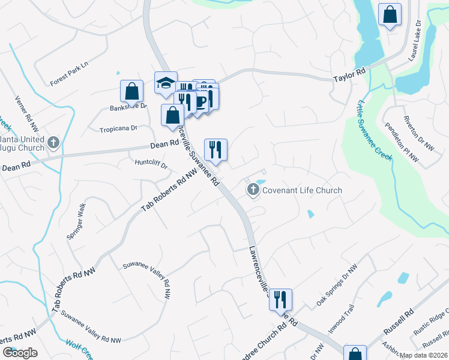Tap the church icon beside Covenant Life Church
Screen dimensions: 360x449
point(253,190)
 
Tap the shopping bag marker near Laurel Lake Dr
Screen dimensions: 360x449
point(390,16)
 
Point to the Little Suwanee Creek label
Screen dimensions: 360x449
point(375,130)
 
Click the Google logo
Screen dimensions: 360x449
point(20,352)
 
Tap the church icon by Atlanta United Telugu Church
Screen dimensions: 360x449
point(53,143)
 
